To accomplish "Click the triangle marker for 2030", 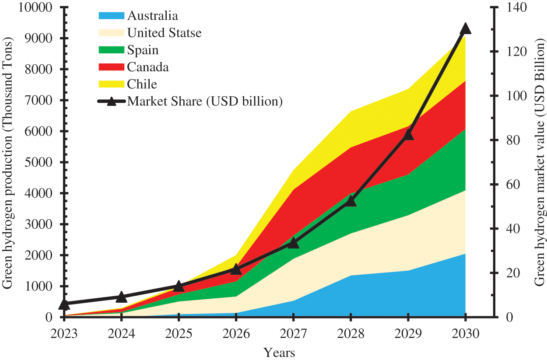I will [x=465, y=29].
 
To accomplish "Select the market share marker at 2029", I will [x=408, y=135].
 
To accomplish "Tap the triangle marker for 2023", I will [x=64, y=304].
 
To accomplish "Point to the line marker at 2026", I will [x=236, y=269].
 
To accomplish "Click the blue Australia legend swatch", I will [x=111, y=16].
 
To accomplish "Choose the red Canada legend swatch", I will [x=111, y=67].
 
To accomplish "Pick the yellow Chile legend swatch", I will [x=111, y=84].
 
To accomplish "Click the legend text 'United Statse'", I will [x=164, y=33].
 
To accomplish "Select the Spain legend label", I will [x=143, y=50].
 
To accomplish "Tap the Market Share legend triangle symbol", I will [x=111, y=101].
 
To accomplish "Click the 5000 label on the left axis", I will [x=40, y=162].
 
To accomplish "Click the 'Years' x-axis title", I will [x=279, y=353].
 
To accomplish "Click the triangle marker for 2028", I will [x=351, y=201].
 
